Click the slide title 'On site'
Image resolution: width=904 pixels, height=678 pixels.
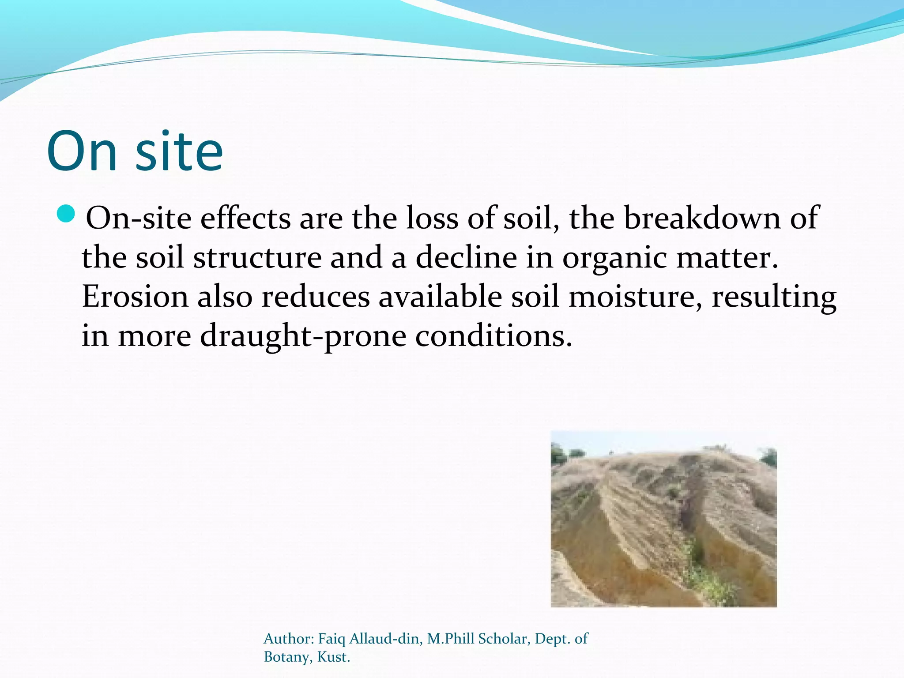(135, 151)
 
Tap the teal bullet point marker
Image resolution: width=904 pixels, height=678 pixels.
(67, 214)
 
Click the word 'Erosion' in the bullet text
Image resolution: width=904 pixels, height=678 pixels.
(135, 296)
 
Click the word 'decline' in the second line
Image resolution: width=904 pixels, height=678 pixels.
(466, 257)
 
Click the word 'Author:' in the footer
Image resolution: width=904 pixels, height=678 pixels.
(288, 639)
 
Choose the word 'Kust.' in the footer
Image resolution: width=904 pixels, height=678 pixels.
(333, 657)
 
